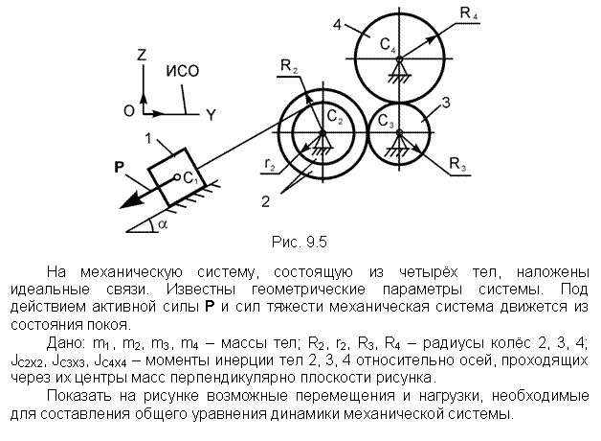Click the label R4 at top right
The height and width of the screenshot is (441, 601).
(x=468, y=13)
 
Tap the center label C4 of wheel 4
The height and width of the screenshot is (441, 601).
(x=388, y=45)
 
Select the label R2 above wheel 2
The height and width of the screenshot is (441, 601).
(x=289, y=66)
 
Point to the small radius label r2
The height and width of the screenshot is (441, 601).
(x=270, y=164)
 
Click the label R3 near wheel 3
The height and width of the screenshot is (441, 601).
(x=457, y=164)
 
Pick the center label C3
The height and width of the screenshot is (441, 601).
(x=386, y=121)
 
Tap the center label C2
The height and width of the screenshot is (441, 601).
(x=334, y=116)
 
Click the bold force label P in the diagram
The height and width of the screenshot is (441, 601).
(x=120, y=168)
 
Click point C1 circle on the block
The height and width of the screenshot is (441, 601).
(x=177, y=177)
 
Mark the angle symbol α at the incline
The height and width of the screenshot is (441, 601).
(x=163, y=223)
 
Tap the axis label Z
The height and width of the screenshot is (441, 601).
(x=142, y=55)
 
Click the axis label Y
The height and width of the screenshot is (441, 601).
(x=211, y=115)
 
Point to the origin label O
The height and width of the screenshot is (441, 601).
(x=129, y=111)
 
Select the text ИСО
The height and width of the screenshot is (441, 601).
(x=183, y=71)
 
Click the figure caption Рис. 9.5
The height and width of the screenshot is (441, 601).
(x=300, y=242)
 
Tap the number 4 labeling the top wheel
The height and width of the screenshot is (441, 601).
(x=337, y=25)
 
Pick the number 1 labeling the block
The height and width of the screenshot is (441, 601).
(x=148, y=138)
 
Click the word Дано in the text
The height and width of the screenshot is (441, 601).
(x=65, y=343)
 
